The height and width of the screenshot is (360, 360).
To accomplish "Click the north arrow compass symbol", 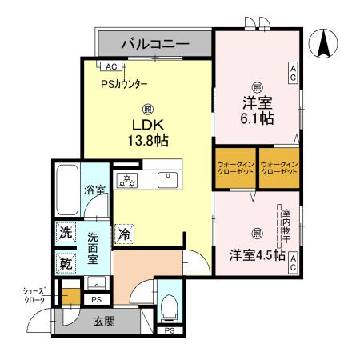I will (x=326, y=42).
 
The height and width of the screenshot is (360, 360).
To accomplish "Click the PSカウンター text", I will (x=124, y=83).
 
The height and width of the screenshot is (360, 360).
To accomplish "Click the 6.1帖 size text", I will (x=257, y=118).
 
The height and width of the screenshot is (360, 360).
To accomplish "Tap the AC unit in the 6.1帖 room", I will (x=294, y=74).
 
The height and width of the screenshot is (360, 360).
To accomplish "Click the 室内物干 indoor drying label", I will (x=286, y=228).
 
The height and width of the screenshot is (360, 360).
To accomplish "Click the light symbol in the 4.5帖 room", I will (x=257, y=234).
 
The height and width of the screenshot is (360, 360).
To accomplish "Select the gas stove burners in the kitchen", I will (x=127, y=179).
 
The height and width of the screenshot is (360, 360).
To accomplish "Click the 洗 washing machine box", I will (x=66, y=233).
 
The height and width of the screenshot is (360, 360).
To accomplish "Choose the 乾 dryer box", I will (x=66, y=262).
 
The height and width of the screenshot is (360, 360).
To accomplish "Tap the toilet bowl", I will (x=170, y=306).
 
